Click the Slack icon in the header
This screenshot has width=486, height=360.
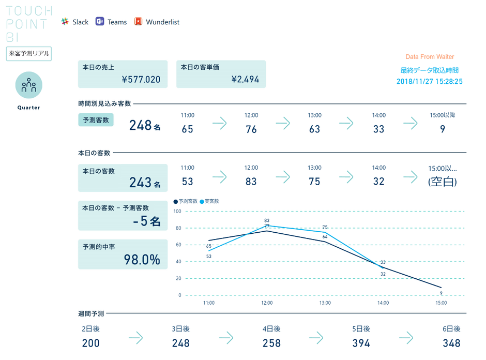[x=65, y=22]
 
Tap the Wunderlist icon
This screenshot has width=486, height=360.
[x=138, y=22]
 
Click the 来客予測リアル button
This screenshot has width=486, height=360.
[x=29, y=54]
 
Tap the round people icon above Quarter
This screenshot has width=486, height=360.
[x=29, y=85]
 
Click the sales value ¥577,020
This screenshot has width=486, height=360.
[x=141, y=80]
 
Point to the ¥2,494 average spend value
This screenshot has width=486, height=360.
[x=245, y=80]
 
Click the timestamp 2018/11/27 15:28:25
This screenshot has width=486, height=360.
[x=429, y=81]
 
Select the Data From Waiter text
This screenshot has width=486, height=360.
[x=430, y=57]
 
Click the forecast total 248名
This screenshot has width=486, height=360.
[x=145, y=125]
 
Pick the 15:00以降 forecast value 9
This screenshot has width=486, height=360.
[x=443, y=129]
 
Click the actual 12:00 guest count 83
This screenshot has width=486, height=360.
[x=251, y=182]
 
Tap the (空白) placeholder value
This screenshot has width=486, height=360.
[x=442, y=182]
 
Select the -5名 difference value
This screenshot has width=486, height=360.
[x=147, y=221]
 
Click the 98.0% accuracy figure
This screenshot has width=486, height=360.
[x=142, y=260]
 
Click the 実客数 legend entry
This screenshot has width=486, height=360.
[x=210, y=201]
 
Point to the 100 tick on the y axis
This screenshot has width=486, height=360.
[x=177, y=211]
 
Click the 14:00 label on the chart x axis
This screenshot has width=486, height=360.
[x=383, y=303]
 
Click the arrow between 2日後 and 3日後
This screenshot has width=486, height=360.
[x=136, y=338]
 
